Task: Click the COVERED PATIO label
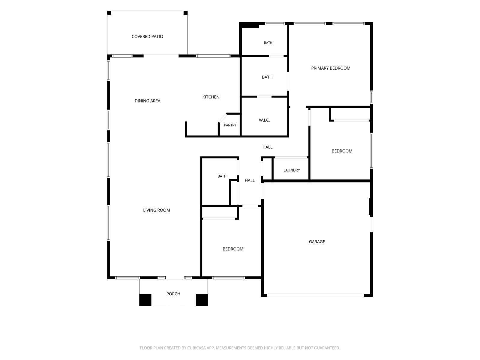(x=147, y=37)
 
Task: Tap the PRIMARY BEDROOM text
(x=330, y=68)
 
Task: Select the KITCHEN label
(x=211, y=97)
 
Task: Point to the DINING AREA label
(x=147, y=101)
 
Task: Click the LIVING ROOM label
(x=156, y=210)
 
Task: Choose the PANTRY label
(x=230, y=125)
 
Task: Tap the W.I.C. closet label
(x=264, y=120)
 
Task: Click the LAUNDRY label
(x=292, y=170)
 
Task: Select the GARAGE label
(x=316, y=241)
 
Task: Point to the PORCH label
(x=173, y=294)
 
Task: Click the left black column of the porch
(x=145, y=300)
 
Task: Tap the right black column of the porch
(x=202, y=300)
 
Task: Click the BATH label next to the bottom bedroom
(x=222, y=176)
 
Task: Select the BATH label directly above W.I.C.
(x=267, y=77)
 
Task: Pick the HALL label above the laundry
(x=267, y=147)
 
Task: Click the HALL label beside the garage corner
(x=250, y=180)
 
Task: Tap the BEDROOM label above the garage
(x=342, y=151)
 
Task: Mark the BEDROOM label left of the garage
(x=233, y=249)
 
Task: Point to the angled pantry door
(x=223, y=118)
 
